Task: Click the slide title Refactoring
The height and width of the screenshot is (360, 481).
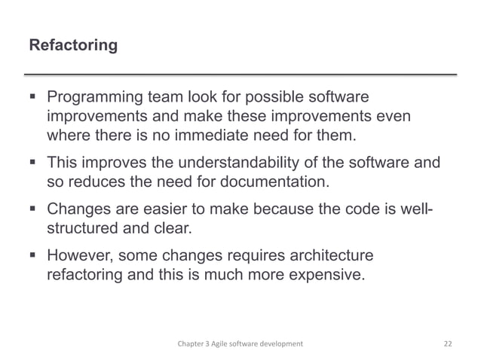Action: point(72,46)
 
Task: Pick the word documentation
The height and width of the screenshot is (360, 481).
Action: point(273,182)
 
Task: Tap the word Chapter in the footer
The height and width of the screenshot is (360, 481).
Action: point(185,343)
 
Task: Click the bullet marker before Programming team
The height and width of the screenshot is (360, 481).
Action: point(32,99)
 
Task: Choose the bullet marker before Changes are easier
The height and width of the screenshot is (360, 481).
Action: point(32,208)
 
